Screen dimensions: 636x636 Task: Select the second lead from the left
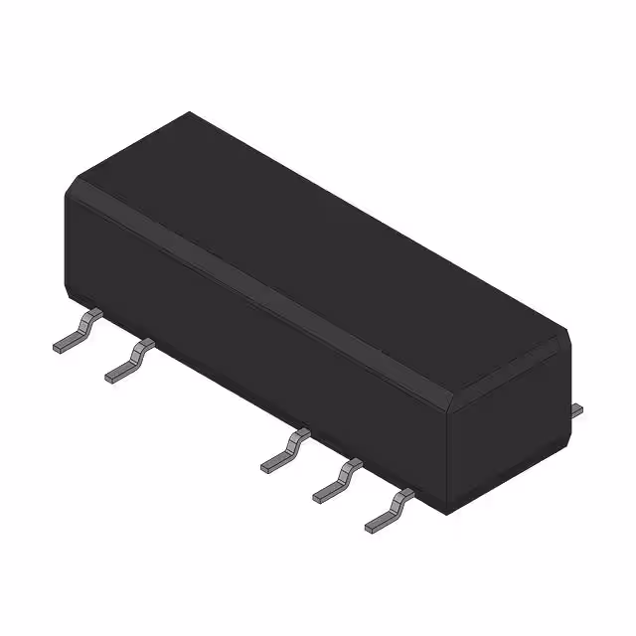(x=130, y=361)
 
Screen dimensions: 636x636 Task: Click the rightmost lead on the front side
(x=390, y=509)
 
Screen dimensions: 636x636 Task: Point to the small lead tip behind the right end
(x=577, y=408)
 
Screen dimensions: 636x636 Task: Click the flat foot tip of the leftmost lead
(x=60, y=346)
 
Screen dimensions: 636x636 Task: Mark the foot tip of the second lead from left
(x=113, y=376)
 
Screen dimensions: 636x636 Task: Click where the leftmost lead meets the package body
(x=95, y=316)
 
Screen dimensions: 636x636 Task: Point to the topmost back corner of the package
(x=188, y=113)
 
